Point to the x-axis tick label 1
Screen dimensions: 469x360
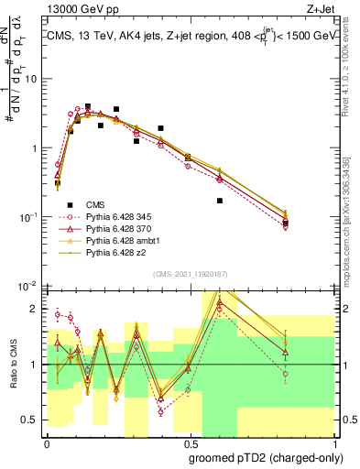332,441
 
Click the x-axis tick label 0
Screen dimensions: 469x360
47,441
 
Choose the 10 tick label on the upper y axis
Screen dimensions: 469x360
32,79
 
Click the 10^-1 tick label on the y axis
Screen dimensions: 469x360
29,217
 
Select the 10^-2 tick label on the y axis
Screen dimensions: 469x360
29,286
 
